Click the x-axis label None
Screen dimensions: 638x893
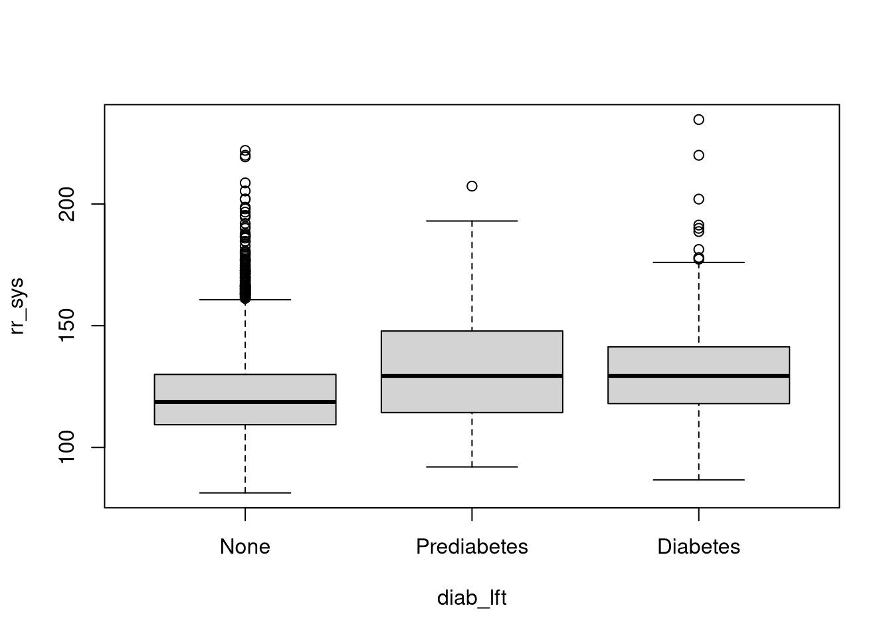(x=245, y=547)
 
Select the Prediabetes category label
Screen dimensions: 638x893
(x=472, y=547)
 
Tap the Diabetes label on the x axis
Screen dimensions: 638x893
(x=698, y=547)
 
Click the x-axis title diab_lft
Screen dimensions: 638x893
(x=472, y=598)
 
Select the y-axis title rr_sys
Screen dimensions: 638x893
(x=17, y=306)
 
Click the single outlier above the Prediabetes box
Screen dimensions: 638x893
(x=472, y=186)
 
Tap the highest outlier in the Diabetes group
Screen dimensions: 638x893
(x=699, y=120)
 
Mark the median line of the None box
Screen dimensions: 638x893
(x=245, y=402)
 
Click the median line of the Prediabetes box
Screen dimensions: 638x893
(x=472, y=376)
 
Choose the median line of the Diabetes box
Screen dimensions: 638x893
(x=698, y=376)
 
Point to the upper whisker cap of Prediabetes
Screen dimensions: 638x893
(x=472, y=221)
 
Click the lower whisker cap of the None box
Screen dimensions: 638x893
(x=245, y=493)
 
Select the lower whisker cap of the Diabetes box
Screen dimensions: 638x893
(x=698, y=480)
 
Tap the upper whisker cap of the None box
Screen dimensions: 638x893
(x=245, y=300)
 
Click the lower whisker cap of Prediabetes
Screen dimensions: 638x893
(x=472, y=467)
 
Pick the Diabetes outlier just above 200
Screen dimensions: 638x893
(x=699, y=199)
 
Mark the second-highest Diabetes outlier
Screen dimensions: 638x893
(x=699, y=156)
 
